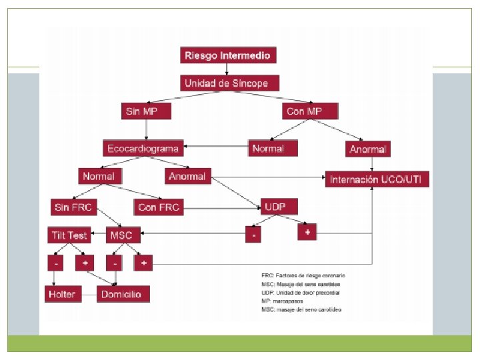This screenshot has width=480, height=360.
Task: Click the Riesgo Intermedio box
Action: pos(228,56)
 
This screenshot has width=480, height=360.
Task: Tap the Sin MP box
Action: pos(141,111)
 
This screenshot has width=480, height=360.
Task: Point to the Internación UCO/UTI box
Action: pos(377,180)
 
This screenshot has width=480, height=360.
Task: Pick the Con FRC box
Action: pos(158,207)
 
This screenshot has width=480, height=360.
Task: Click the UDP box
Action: pos(275,207)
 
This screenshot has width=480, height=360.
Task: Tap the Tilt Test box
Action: pos(69,235)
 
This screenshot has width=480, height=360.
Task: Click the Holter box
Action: pos(61,293)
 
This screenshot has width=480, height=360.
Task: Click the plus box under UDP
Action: pos(307,231)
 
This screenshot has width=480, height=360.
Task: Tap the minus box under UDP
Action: pos(253,235)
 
